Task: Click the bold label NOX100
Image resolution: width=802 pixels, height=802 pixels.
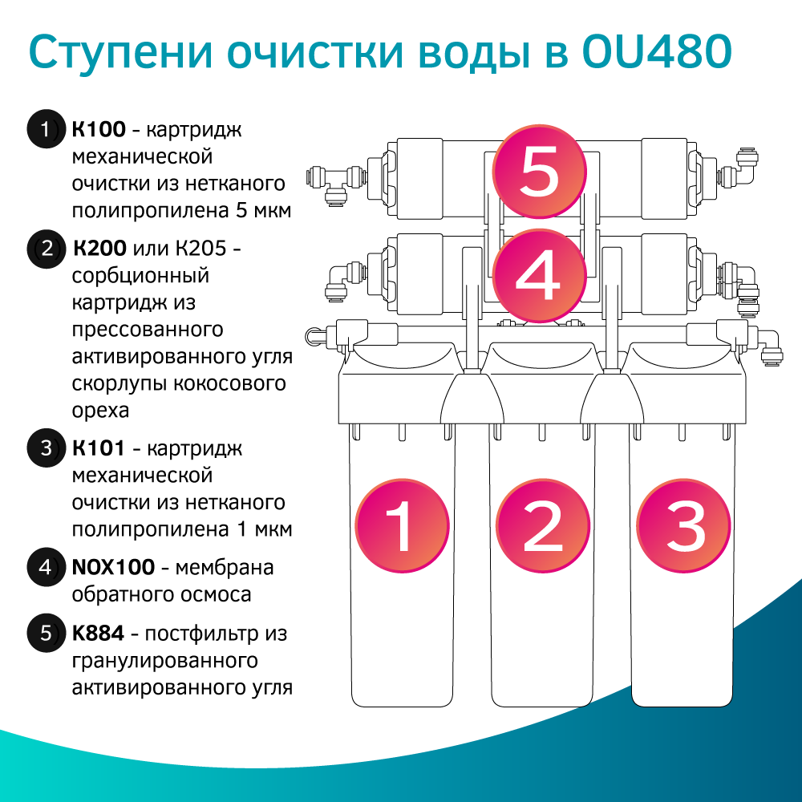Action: pos(113,568)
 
